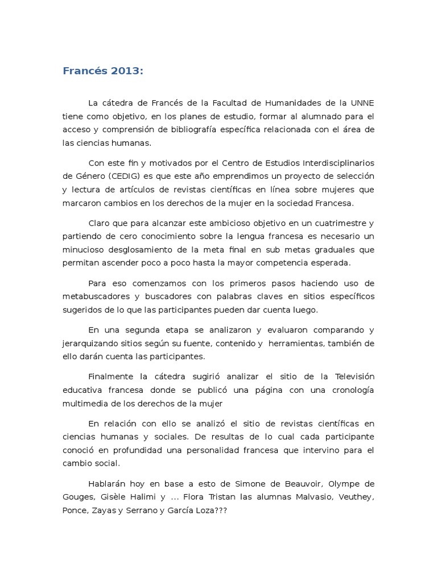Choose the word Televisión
pos(351,376)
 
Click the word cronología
pos(349,390)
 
